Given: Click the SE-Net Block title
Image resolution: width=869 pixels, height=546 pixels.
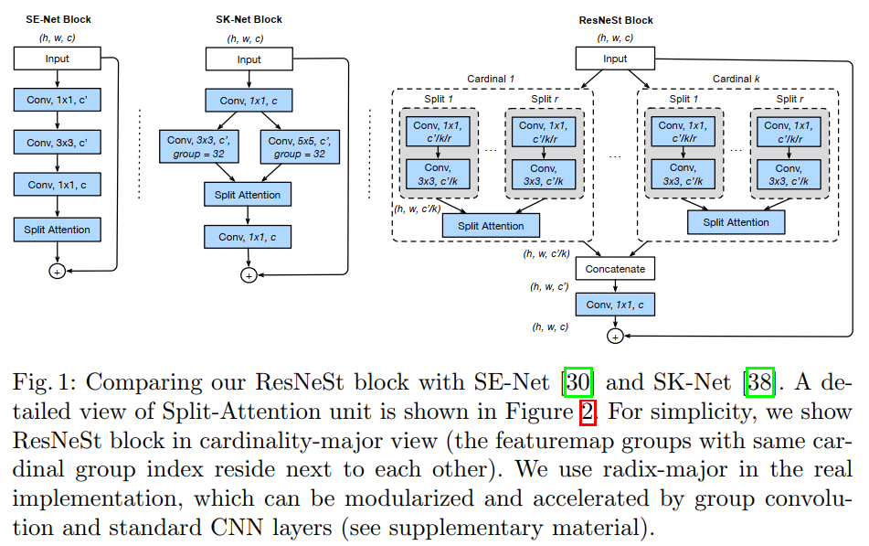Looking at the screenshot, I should [53, 19].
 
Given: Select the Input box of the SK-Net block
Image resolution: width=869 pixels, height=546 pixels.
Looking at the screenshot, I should [249, 59].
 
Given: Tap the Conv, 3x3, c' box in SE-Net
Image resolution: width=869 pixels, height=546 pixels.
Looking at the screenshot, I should [57, 143].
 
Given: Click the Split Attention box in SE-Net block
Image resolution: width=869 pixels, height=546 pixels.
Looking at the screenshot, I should [57, 230].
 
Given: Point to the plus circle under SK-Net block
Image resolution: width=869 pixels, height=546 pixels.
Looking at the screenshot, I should [249, 274].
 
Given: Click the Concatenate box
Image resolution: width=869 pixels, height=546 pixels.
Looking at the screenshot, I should [615, 269].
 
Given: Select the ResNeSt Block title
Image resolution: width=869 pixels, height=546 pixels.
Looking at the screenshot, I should [616, 20].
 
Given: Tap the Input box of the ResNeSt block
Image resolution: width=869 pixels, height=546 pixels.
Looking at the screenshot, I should [615, 59].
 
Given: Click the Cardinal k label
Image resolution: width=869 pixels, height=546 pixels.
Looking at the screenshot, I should [737, 79].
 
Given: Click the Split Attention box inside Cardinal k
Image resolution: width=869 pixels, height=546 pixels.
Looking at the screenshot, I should [736, 222].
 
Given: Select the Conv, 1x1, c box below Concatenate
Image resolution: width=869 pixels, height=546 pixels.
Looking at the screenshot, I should [615, 305].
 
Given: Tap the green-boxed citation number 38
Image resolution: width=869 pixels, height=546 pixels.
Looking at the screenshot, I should [760, 381].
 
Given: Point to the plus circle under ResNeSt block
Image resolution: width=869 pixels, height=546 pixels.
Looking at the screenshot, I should [615, 337].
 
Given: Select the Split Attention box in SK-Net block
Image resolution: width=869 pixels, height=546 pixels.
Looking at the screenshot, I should [249, 195].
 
